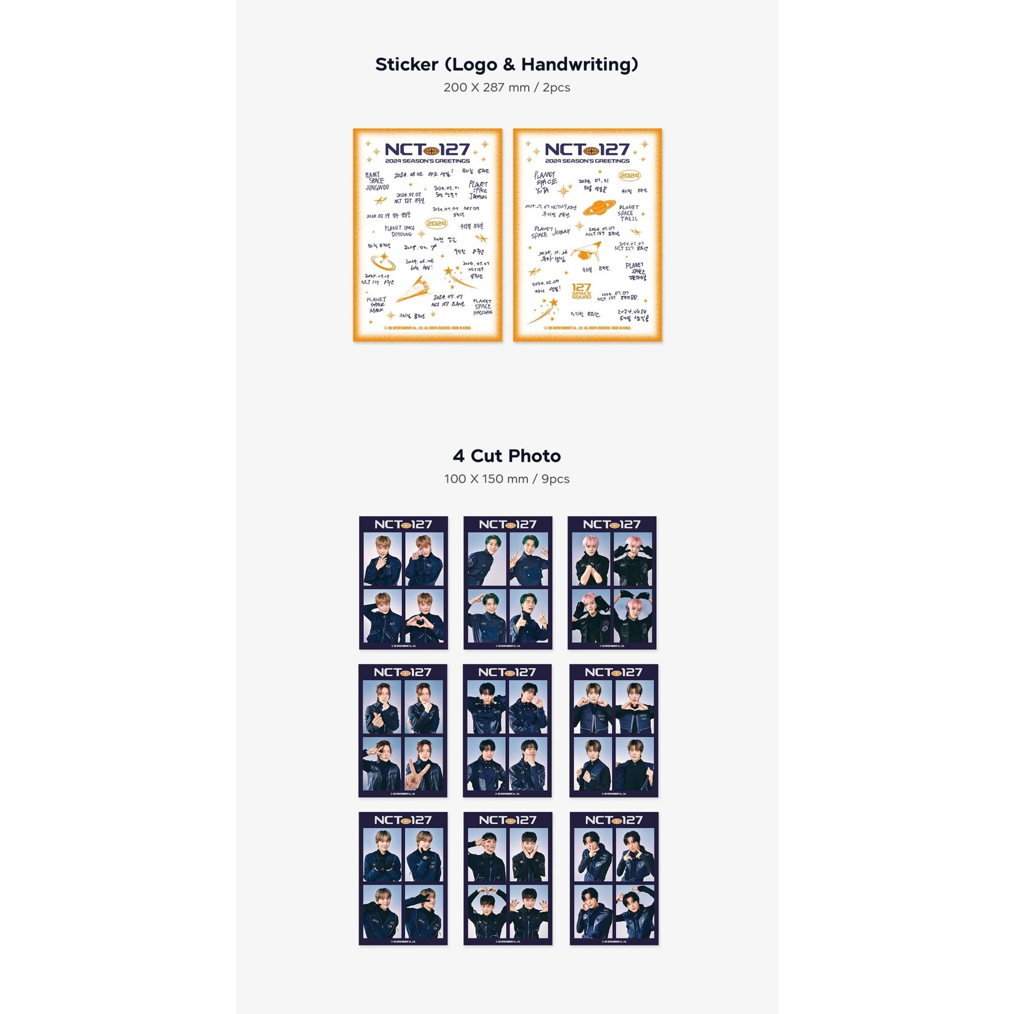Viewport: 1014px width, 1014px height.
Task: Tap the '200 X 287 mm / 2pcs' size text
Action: point(506,87)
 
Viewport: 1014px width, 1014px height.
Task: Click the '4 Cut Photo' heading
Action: point(506,456)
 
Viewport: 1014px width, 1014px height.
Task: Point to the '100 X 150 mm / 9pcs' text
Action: point(506,479)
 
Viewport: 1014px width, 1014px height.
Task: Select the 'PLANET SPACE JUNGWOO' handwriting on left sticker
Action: point(377,181)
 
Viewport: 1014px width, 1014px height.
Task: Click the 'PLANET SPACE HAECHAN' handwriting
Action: point(482,307)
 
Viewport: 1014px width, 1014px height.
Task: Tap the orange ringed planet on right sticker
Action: point(599,207)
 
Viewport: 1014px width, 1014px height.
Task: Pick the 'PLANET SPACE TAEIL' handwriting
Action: point(629,213)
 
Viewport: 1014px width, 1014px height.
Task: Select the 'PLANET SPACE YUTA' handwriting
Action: point(545,182)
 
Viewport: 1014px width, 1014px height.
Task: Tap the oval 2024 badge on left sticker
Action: point(436,223)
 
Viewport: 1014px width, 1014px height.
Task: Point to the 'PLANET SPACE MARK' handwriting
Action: point(376,305)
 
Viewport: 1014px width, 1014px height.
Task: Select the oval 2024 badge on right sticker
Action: point(629,176)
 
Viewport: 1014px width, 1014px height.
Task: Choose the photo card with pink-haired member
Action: point(612,582)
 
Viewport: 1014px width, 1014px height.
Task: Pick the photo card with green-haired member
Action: point(508,582)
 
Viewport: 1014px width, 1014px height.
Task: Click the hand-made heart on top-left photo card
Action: point(424,629)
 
